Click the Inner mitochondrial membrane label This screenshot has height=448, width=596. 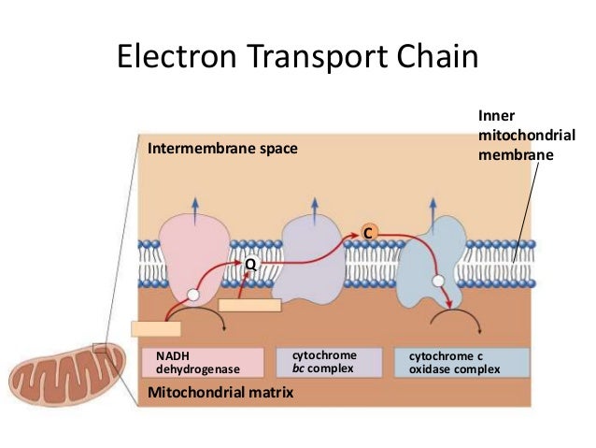point(525,136)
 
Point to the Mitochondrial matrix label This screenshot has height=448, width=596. point(220,394)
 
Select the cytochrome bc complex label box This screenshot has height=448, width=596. point(330,362)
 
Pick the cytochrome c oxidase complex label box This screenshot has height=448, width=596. point(462,363)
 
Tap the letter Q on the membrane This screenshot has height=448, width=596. point(249,266)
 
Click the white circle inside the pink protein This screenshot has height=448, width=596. point(192,295)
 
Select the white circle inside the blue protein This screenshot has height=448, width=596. point(437,280)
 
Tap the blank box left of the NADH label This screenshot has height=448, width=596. point(155,328)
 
